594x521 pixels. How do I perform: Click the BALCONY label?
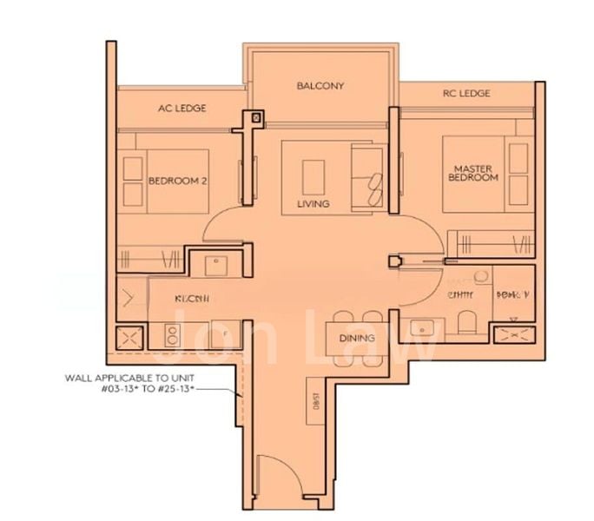[x=320, y=86]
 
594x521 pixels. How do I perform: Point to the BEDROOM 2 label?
[x=176, y=181]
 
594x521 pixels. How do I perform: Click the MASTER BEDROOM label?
[x=473, y=171]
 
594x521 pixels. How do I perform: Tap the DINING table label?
[x=357, y=338]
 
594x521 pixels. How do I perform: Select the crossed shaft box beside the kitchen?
[x=130, y=335]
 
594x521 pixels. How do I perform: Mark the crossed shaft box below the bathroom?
[x=511, y=333]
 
